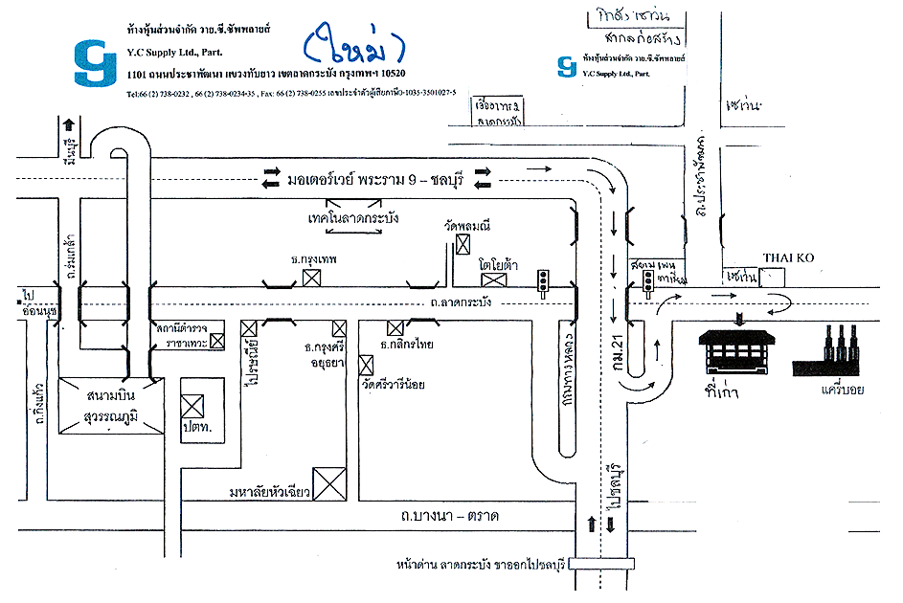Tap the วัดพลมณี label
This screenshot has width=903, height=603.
pos(467,227)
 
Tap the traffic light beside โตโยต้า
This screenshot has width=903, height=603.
pos(543,281)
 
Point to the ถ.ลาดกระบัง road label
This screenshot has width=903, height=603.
pos(462,302)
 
